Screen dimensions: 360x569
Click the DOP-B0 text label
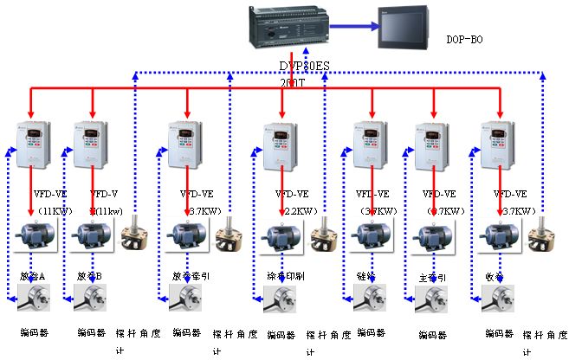466,40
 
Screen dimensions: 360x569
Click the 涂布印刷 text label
286,277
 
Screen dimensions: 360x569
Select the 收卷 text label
496,277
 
